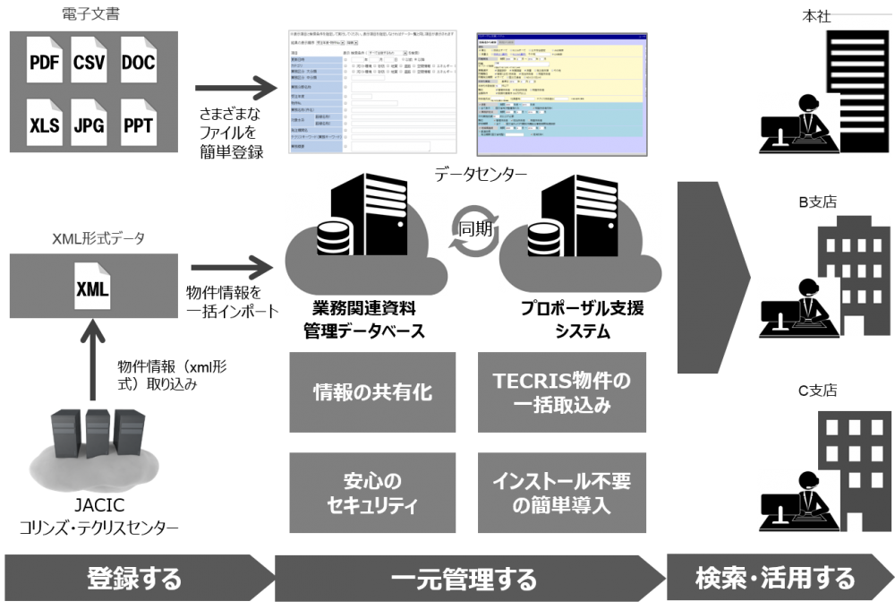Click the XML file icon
pos(92,288)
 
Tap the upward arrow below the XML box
pos(92,363)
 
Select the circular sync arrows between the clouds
pos(473,232)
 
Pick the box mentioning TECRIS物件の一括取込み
pos(562,391)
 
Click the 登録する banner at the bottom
pos(134,579)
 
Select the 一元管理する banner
pos(465,579)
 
